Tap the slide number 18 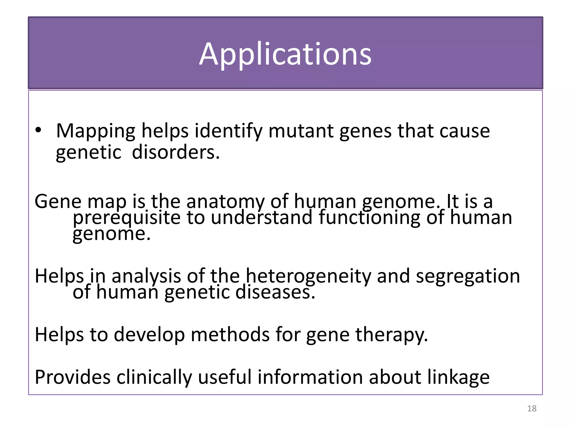click(532, 408)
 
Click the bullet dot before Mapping click(38, 130)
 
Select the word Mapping click(96, 131)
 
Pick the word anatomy click(225, 201)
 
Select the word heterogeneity click(308, 276)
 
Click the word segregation click(468, 276)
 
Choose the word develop click(149, 334)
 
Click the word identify click(228, 131)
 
